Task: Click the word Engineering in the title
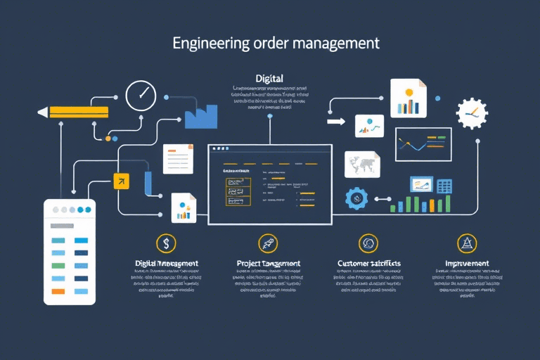pos(208,43)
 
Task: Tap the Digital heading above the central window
pos(270,79)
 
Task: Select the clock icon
pos(140,96)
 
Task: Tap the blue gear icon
pos(356,199)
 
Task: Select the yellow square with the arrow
pos(122,181)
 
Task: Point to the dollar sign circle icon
pos(167,243)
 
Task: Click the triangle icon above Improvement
pos(466,243)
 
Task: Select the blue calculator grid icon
pos(444,186)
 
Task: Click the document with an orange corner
pos(177,158)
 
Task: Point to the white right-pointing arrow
pos(336,122)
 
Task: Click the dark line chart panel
pos(423,144)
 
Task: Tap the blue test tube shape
pos(148,184)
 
